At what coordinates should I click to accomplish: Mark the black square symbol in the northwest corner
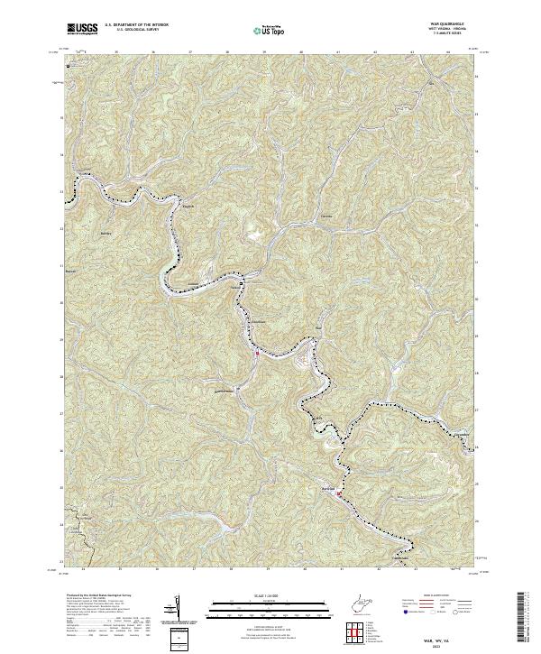[66, 64]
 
